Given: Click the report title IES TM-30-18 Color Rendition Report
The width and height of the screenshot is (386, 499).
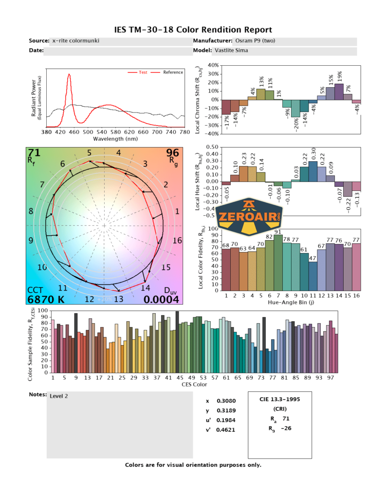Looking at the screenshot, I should (x=193, y=30).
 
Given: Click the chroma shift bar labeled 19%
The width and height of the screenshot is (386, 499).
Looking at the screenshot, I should (x=339, y=92).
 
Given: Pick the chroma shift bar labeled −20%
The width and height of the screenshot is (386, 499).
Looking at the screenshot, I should (x=295, y=108).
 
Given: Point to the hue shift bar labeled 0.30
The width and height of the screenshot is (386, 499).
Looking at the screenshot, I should (x=312, y=172).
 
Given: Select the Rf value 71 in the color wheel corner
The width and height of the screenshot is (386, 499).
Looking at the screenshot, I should (x=35, y=153).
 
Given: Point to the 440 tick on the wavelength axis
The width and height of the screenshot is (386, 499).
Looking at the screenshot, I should (x=74, y=132).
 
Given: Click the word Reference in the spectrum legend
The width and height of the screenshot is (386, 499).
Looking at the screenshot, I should (x=173, y=73).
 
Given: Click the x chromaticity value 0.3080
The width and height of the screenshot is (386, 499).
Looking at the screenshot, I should (x=224, y=401).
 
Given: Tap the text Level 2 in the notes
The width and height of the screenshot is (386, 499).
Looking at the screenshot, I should (x=59, y=396).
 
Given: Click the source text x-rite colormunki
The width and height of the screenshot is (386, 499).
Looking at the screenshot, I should (x=75, y=41).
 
